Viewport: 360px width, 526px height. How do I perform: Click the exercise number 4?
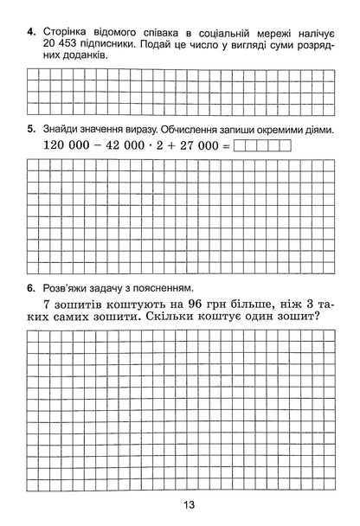(30, 32)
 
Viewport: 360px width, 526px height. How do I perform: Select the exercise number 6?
(30, 288)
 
